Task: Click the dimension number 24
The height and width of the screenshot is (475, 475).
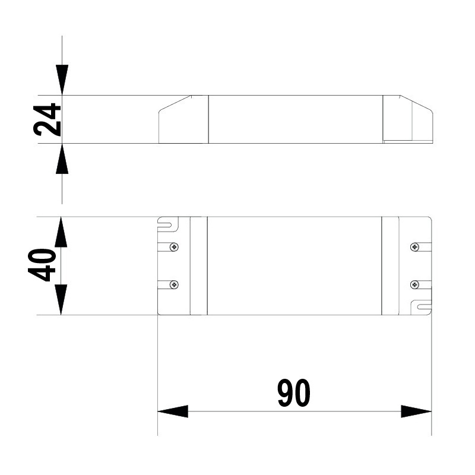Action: coord(47,120)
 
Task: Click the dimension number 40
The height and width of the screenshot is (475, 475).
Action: coord(42,265)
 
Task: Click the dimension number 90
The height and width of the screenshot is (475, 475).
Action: coord(294,392)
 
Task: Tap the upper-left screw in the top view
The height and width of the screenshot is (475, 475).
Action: coord(174,247)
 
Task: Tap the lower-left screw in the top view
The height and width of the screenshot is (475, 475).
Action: coord(174,285)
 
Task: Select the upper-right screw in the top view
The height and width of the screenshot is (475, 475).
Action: coord(414,247)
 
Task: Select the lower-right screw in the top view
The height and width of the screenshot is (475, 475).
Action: coord(414,285)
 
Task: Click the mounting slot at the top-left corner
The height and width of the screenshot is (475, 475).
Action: coord(165,225)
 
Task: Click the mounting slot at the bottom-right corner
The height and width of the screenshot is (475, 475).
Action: coord(424,307)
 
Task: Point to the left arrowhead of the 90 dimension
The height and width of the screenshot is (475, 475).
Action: coord(173,411)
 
